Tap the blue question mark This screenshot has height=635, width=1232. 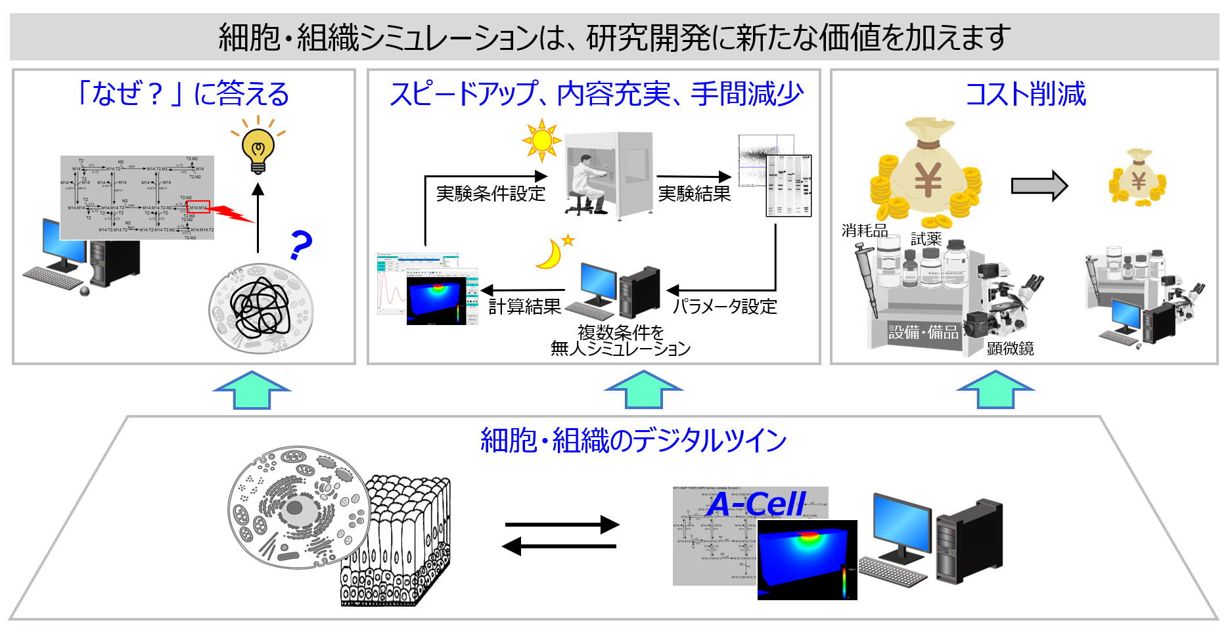[x=301, y=245]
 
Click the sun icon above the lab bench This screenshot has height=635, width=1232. [x=541, y=140]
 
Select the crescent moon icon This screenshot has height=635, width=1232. [x=551, y=254]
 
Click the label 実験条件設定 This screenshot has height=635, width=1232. [x=491, y=194]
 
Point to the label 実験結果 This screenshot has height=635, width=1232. [x=695, y=194]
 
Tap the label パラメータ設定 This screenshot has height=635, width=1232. [x=725, y=307]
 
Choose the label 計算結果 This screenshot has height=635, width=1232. [x=524, y=307]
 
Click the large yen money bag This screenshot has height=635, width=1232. [x=926, y=172]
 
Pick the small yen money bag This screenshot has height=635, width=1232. [x=1138, y=178]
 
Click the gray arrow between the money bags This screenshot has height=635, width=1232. [x=1039, y=186]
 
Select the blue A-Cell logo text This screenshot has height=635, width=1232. [x=757, y=504]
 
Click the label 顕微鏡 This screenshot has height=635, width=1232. [x=1010, y=349]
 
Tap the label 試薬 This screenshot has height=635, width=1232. [x=926, y=239]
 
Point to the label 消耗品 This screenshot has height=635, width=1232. [x=865, y=230]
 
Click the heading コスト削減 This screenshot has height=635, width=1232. [x=1025, y=94]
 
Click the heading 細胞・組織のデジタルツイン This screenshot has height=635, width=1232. [x=633, y=440]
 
